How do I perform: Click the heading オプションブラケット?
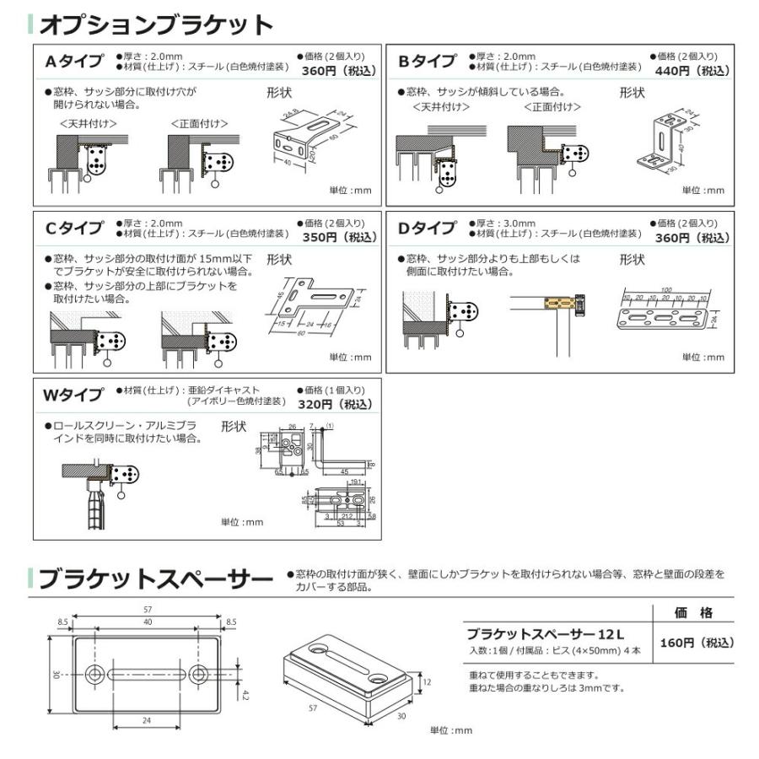click(x=156, y=24)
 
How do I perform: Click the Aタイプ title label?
click(x=74, y=62)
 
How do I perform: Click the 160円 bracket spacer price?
click(x=697, y=643)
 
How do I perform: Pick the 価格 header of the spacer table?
click(x=692, y=612)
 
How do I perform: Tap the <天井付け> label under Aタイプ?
click(x=88, y=124)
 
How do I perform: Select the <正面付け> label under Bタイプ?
click(x=552, y=107)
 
